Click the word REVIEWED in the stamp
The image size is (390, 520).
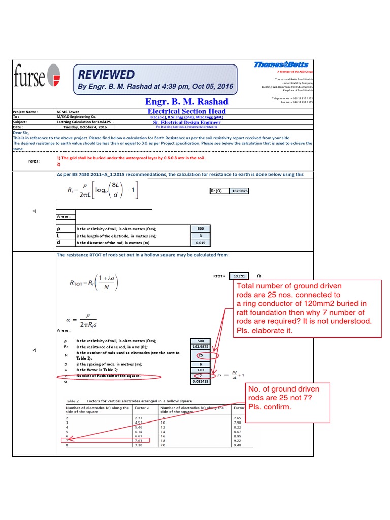[x=106, y=75]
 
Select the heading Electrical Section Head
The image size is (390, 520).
[x=186, y=111]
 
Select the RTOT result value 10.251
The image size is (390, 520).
[x=239, y=276]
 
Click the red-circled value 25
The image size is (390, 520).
[x=201, y=355]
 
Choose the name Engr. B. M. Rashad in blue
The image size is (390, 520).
[x=186, y=101]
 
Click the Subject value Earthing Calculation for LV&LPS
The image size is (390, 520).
[x=85, y=122]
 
